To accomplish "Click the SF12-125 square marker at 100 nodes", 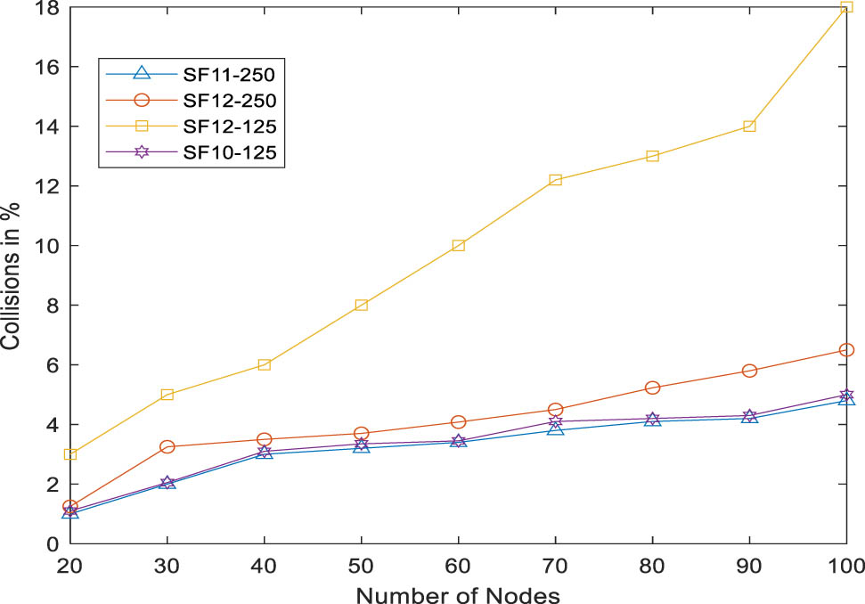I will (845, 7).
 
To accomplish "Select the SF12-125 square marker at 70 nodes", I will (555, 180).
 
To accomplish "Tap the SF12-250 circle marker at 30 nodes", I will (167, 446).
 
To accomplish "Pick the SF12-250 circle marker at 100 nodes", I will (845, 350).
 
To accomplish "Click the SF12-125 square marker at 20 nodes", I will (70, 454).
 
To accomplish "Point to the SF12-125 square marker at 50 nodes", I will (361, 305).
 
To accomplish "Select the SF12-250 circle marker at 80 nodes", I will (652, 388).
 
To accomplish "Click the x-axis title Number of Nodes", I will (457, 593).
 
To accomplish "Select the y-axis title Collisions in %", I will (12, 276).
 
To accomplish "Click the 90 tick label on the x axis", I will (748, 565).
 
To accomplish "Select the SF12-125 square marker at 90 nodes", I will (749, 127).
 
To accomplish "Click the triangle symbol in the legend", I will (141, 75).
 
